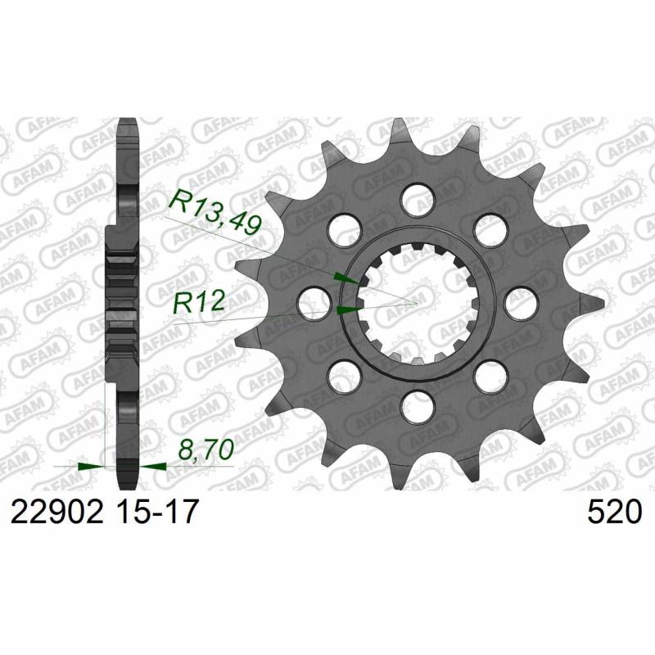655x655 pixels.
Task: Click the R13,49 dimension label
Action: [x=215, y=211]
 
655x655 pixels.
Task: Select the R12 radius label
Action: [x=199, y=301]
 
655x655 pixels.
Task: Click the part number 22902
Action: [x=56, y=513]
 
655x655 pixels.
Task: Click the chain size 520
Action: [x=614, y=513]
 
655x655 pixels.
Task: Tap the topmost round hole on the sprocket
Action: [x=418, y=199]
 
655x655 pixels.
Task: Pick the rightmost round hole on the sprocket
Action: [x=521, y=302]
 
